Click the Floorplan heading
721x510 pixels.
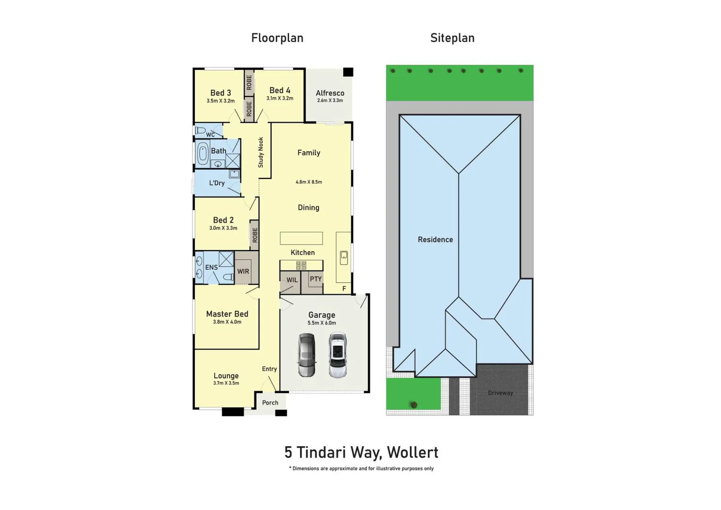coord(277,38)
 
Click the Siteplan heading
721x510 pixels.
coord(452,38)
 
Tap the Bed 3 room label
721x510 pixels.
coord(220,93)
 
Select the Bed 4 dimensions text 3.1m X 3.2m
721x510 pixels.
coord(280,99)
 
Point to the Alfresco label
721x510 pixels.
coord(330,93)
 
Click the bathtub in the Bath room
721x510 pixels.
coord(203,153)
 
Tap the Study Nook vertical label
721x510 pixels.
coord(261,152)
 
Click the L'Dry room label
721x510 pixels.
coord(216,183)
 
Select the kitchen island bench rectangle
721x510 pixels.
coord(301,238)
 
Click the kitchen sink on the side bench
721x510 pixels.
coord(344,257)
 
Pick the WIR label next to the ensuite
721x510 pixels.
coord(243,272)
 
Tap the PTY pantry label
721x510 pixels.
coord(315,279)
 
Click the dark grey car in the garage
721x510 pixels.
coord(307,355)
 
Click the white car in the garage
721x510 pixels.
coord(338,355)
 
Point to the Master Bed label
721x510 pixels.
coord(227,314)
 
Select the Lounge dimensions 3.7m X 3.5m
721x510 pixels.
coord(226,383)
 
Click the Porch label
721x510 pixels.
coord(270,403)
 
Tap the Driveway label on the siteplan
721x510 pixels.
coord(500,393)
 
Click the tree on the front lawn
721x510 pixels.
coord(414,405)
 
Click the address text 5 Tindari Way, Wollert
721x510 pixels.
coord(361,452)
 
